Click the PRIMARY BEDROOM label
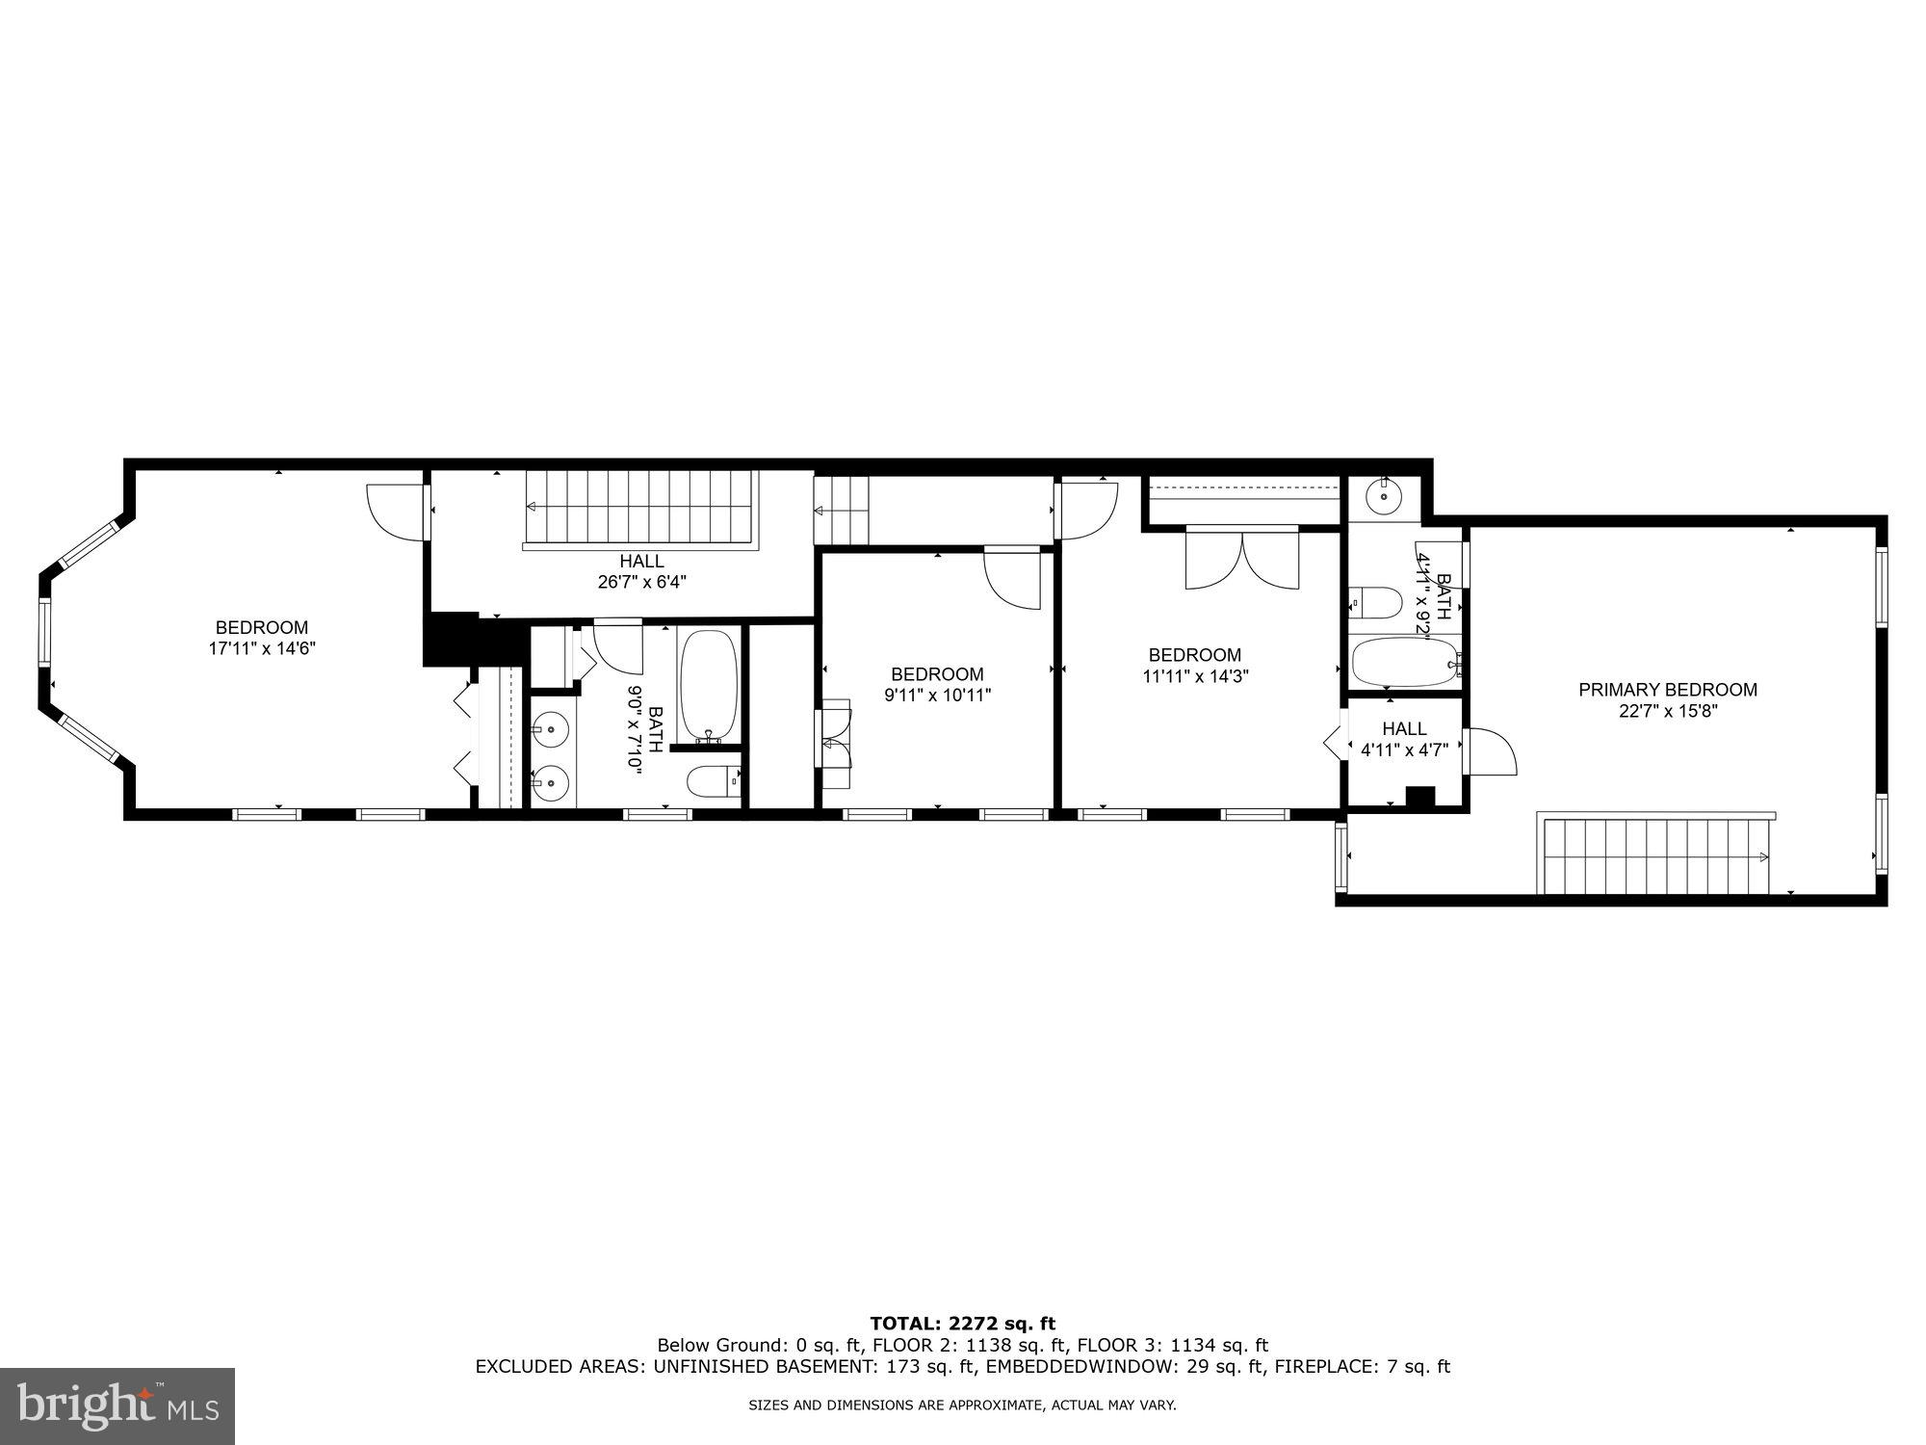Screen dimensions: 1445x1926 pyautogui.click(x=1667, y=690)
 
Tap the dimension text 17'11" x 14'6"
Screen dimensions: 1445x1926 pyautogui.click(x=262, y=649)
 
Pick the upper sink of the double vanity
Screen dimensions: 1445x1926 pyautogui.click(x=551, y=730)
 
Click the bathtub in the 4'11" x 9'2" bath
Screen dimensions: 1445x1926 pyautogui.click(x=1405, y=663)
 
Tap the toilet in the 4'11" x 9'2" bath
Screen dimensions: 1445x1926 pyautogui.click(x=1375, y=603)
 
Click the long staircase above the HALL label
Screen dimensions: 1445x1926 pyautogui.click(x=639, y=508)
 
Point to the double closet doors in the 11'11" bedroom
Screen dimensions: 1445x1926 pyautogui.click(x=1242, y=559)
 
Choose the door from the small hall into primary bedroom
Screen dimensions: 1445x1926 pyautogui.click(x=1489, y=752)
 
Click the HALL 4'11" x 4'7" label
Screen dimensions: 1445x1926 pyautogui.click(x=1404, y=739)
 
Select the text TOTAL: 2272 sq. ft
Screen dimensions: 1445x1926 pyautogui.click(x=962, y=1324)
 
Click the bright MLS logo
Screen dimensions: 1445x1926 pyautogui.click(x=117, y=1406)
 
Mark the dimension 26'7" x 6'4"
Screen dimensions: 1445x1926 pyautogui.click(x=641, y=582)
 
